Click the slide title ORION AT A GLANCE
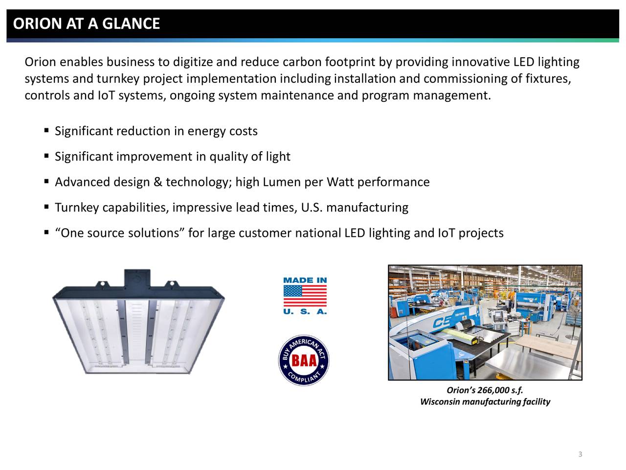[x=87, y=23]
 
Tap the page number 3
[x=580, y=454]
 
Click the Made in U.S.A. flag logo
[x=305, y=296]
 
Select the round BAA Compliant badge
[x=304, y=361]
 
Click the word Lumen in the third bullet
[x=282, y=182]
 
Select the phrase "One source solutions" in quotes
[x=120, y=233]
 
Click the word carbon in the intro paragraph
[x=302, y=62]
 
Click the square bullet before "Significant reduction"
[x=46, y=131]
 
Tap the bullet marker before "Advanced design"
[x=46, y=182]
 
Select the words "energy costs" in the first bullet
[x=223, y=131]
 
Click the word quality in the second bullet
[x=228, y=157]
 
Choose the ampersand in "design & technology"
[x=157, y=182]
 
